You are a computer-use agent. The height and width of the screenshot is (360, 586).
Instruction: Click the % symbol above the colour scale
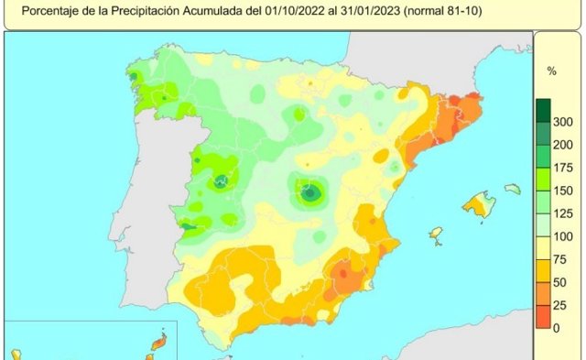coord(551,70)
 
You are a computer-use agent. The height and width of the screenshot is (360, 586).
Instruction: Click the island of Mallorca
coord(478,204)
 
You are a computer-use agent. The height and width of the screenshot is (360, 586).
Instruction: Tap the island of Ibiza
coord(436,234)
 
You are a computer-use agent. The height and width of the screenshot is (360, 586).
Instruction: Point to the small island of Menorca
coord(512,189)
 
